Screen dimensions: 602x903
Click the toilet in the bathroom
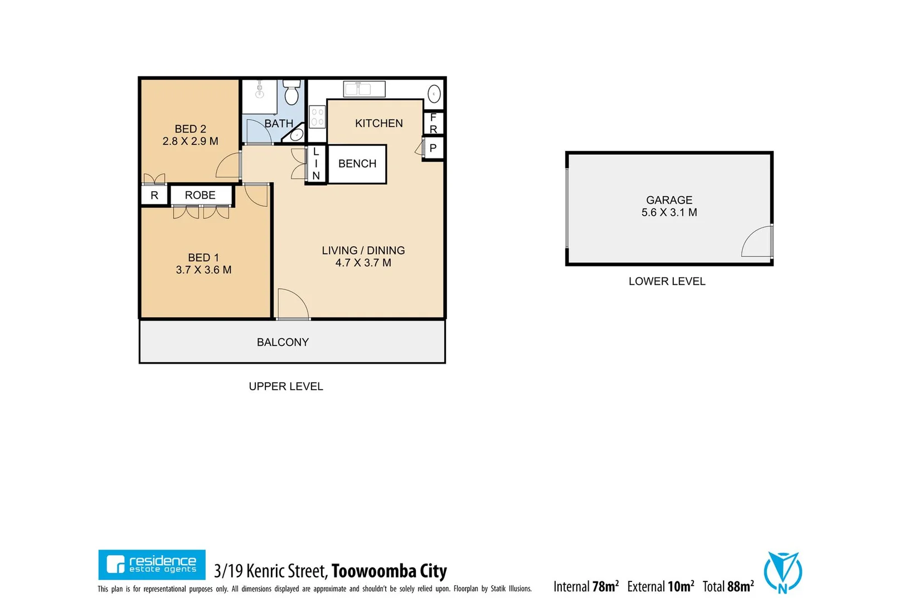(292, 93)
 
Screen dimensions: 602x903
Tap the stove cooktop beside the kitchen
(317, 117)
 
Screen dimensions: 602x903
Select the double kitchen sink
(365, 89)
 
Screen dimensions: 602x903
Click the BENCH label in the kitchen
(357, 164)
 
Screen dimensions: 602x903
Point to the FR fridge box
(433, 123)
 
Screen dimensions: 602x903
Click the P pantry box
(433, 149)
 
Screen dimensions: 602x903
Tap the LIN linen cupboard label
(316, 164)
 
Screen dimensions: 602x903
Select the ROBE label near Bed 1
(200, 196)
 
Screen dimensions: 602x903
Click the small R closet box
(154, 196)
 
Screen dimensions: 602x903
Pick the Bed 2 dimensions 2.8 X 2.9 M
(190, 142)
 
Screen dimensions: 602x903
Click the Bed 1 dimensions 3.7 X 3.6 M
(203, 270)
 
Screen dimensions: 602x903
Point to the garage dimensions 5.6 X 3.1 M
(669, 213)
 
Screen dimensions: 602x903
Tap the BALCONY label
(283, 343)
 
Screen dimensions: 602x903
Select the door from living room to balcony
(293, 305)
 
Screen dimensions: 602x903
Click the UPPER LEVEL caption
(285, 387)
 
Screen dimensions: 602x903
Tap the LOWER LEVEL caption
(667, 282)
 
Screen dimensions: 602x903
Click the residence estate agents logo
(152, 565)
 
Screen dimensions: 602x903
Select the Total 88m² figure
(728, 586)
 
